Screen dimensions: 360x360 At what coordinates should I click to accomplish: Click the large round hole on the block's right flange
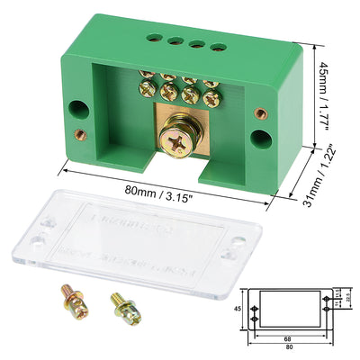pyautogui.click(x=262, y=137)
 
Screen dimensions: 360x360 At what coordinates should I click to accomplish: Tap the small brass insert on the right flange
pyautogui.click(x=260, y=113)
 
